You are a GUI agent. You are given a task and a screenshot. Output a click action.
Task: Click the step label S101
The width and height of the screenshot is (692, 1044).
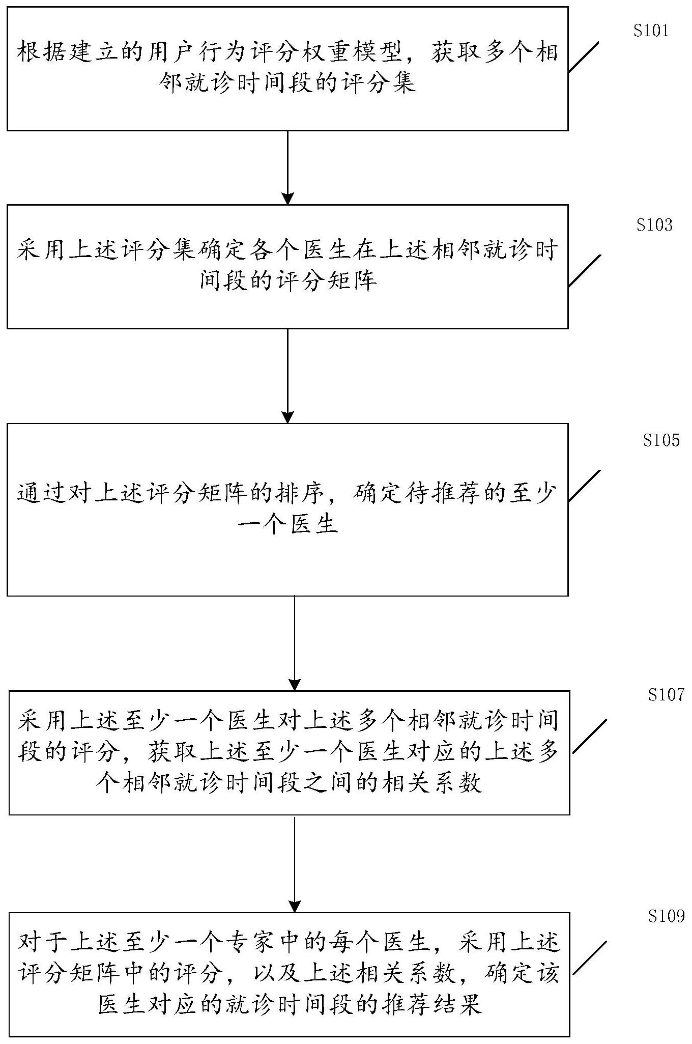click(x=651, y=31)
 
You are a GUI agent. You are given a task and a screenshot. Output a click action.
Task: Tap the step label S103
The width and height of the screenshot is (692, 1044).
click(x=654, y=225)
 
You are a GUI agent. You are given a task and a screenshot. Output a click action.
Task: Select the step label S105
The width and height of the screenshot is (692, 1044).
click(x=661, y=440)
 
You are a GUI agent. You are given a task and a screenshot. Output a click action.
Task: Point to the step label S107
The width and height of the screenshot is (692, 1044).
click(x=666, y=695)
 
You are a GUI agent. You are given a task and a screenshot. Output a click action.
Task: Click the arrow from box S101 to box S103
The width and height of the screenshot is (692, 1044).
click(x=288, y=167)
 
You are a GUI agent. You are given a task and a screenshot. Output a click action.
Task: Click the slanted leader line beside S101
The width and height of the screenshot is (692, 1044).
click(x=583, y=57)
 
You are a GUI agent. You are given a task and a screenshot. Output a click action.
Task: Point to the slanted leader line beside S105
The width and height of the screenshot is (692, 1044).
click(x=584, y=486)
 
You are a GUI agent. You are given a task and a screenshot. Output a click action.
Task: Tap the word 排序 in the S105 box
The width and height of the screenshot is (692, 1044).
click(x=300, y=494)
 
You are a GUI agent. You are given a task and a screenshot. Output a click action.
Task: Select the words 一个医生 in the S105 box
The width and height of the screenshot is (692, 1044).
click(x=288, y=524)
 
